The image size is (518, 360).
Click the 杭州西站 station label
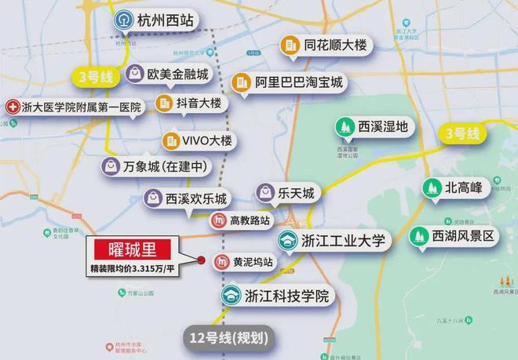165,20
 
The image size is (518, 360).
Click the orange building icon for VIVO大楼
171,141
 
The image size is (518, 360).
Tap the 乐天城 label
299,192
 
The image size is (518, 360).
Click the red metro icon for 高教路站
221,222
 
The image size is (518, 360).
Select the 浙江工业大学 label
343,241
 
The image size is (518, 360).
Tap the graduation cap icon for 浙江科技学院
231,296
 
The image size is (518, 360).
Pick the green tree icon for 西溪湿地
343,126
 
